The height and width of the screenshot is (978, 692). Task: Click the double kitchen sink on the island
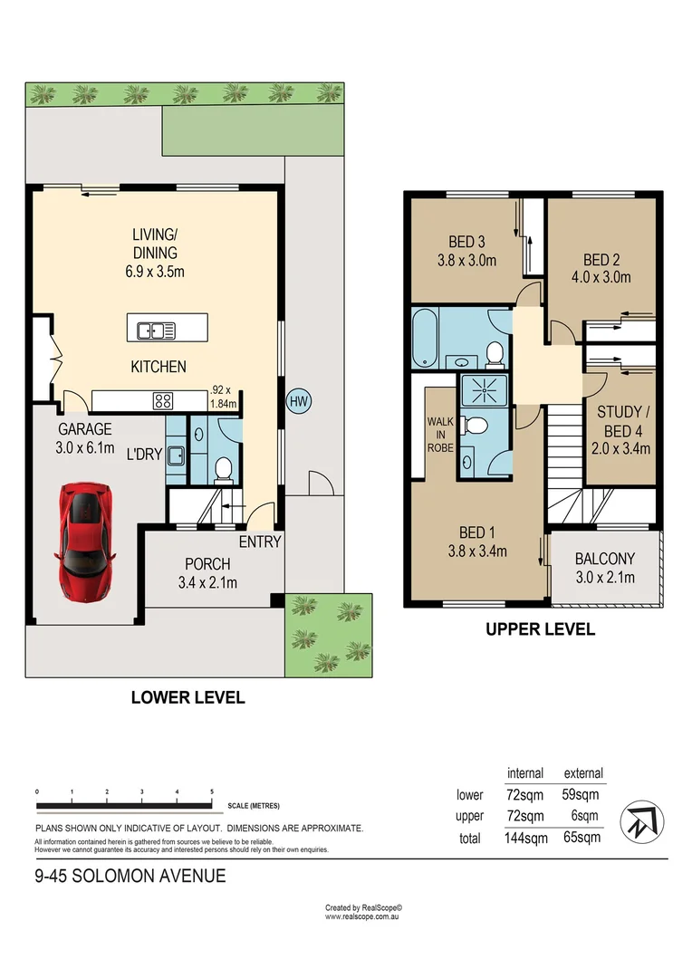156,331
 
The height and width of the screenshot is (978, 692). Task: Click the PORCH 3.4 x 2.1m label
207,573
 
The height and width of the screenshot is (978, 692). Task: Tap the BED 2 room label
601,268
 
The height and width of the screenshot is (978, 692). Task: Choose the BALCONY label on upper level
604,568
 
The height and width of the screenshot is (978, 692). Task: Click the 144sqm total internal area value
525,838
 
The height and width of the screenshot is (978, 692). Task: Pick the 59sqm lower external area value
581,795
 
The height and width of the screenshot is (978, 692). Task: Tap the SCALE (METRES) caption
255,806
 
